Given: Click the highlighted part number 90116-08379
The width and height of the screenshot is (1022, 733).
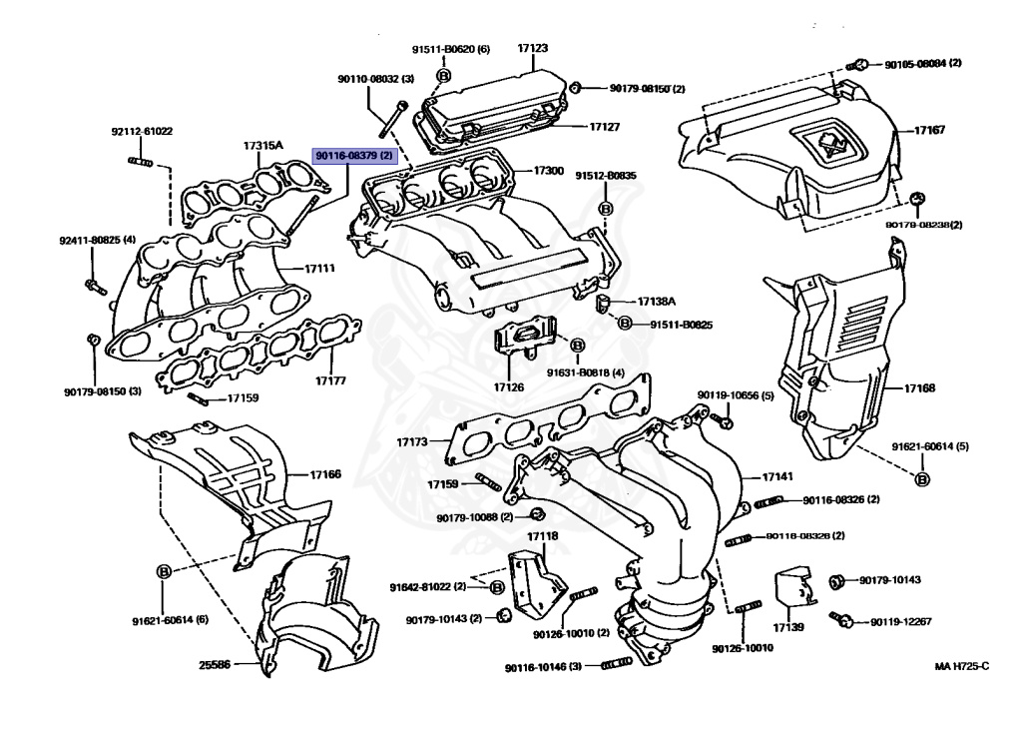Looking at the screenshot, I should pyautogui.click(x=354, y=157).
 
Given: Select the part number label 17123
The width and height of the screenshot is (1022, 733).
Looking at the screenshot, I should pyautogui.click(x=533, y=48).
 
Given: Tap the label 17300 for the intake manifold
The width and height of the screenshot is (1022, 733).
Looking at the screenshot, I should pyautogui.click(x=548, y=172).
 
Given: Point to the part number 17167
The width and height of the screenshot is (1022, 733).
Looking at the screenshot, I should pyautogui.click(x=931, y=130).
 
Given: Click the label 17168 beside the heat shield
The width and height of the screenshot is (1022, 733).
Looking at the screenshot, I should pyautogui.click(x=919, y=387).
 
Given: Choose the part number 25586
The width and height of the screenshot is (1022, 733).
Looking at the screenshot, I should pyautogui.click(x=214, y=664).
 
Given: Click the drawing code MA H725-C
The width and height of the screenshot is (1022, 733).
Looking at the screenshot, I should pyautogui.click(x=961, y=666).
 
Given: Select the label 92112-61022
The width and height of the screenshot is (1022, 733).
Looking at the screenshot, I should pyautogui.click(x=141, y=131).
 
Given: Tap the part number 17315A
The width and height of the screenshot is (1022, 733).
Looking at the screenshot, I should pyautogui.click(x=262, y=146).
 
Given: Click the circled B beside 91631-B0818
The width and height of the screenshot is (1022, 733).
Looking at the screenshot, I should pyautogui.click(x=577, y=345).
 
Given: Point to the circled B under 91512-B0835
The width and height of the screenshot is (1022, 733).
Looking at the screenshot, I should pyautogui.click(x=605, y=209).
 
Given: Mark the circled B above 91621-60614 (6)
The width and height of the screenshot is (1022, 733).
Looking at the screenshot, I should pyautogui.click(x=164, y=571).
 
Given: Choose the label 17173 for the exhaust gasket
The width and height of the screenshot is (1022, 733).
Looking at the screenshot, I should pyautogui.click(x=411, y=440).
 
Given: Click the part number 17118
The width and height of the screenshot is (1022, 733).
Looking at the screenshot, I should pyautogui.click(x=542, y=536).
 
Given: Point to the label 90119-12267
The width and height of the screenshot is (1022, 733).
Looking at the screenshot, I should pyautogui.click(x=900, y=621).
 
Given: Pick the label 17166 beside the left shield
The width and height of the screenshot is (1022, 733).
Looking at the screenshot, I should pyautogui.click(x=324, y=474).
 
